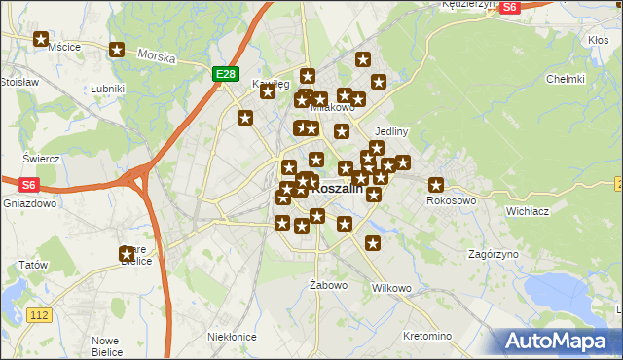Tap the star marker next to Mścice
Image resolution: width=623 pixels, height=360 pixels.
point(41,40)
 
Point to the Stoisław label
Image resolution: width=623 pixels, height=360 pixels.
point(18,83)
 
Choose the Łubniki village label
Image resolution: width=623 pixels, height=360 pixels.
point(107,89)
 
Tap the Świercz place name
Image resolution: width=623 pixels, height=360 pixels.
point(42,159)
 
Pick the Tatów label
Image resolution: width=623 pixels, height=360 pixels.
point(32,265)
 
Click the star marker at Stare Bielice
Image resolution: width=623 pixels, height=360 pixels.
point(128,254)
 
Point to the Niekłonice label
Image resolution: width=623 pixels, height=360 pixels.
point(232,337)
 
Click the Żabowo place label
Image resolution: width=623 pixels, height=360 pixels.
point(328,285)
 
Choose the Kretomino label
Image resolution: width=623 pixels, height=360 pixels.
point(426,336)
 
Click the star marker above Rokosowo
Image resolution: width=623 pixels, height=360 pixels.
point(436,185)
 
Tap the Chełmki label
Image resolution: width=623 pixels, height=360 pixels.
point(565,79)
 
